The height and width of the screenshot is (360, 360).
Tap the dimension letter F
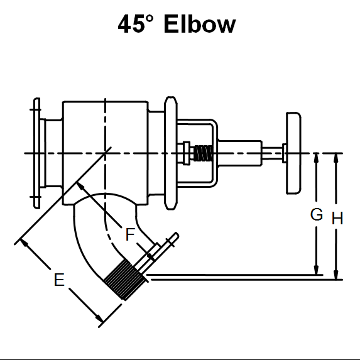(129, 235)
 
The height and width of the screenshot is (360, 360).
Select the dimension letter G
(317, 215)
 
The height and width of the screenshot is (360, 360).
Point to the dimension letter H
(337, 219)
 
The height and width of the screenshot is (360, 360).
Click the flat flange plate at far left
(35, 153)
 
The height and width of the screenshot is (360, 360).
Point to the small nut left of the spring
(186, 152)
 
